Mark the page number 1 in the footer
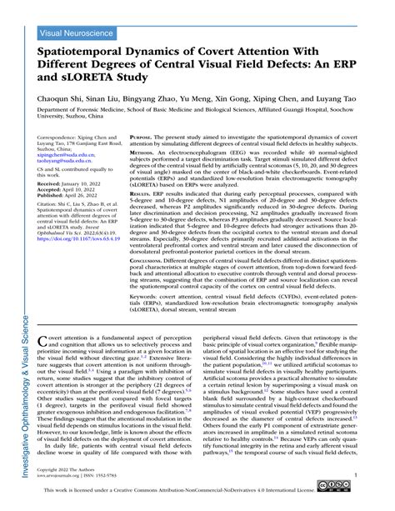(x=356, y=475)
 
